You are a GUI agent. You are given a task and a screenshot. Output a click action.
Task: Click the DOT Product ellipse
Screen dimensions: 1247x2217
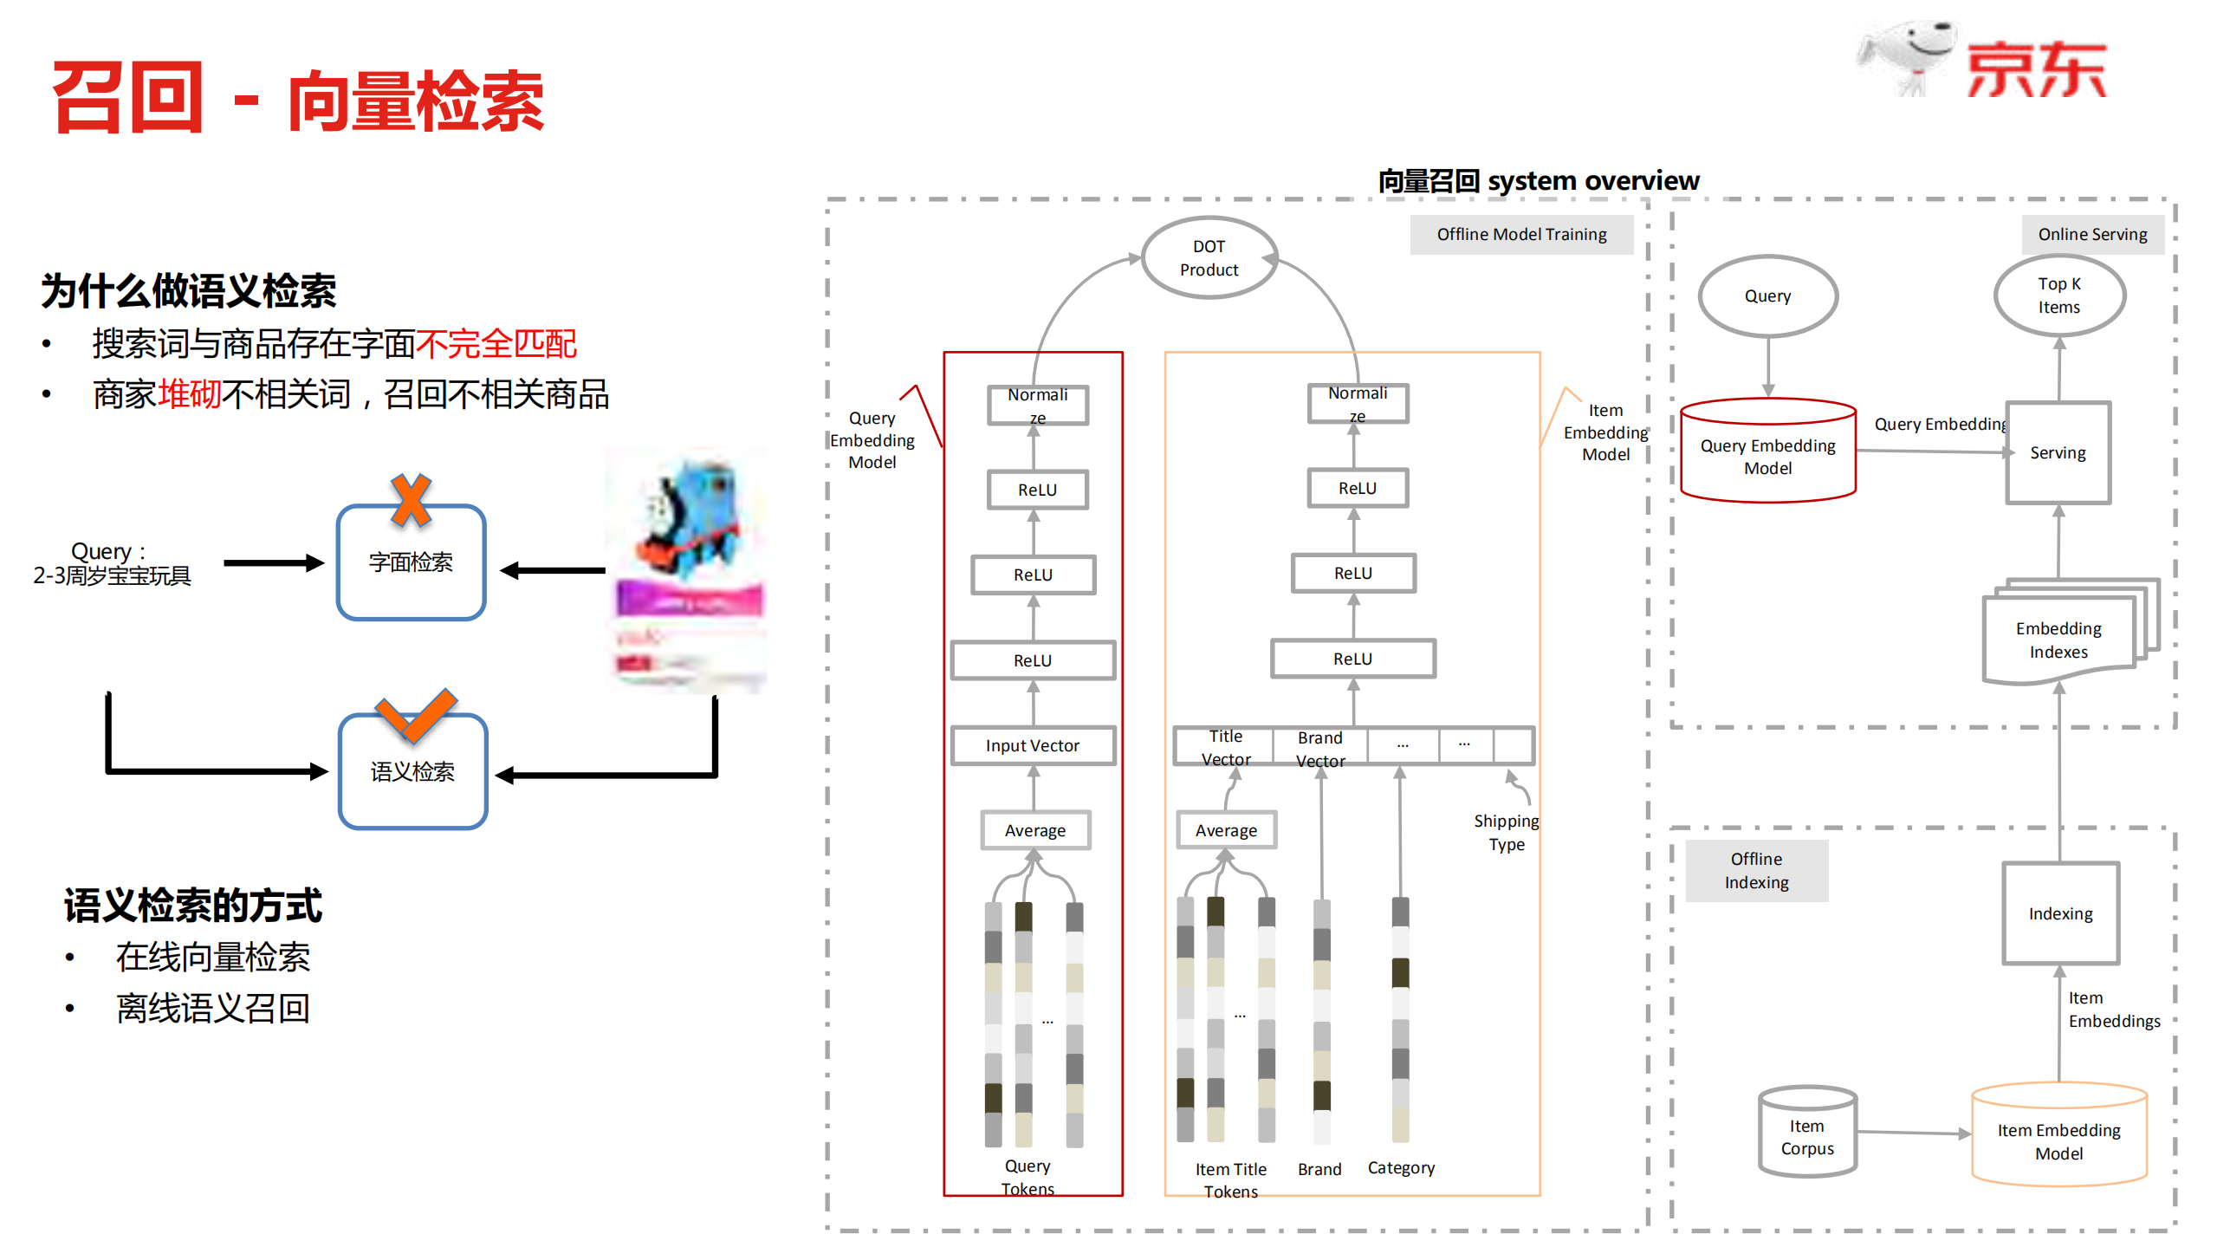[x=1209, y=258]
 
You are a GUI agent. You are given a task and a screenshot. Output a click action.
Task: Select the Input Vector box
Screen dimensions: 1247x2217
[x=1032, y=745]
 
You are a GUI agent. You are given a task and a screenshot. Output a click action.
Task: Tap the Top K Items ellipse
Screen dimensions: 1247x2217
[x=2058, y=296]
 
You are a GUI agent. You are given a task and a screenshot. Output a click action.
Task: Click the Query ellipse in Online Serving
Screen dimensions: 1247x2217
[x=1767, y=296]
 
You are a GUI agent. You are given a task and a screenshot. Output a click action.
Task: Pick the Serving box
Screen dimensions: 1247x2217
[x=2058, y=452]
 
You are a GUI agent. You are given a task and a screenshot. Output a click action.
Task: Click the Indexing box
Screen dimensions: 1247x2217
[x=2060, y=913]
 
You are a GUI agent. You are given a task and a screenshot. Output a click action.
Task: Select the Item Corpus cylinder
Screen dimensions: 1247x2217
[x=1807, y=1133]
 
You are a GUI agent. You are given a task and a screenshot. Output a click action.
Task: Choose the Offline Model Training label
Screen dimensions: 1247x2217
[x=1521, y=234]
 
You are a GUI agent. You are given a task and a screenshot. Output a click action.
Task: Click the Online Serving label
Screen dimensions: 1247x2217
[x=2092, y=234]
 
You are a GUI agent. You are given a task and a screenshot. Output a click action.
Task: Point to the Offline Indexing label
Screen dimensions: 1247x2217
[x=1756, y=870]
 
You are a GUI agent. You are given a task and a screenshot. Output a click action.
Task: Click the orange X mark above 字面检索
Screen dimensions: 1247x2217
[x=411, y=500]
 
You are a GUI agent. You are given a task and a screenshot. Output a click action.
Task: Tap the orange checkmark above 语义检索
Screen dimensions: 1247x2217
[x=416, y=715]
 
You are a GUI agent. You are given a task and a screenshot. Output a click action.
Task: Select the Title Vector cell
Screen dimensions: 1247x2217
[x=1225, y=747]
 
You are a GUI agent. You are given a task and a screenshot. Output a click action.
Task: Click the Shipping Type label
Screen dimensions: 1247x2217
[x=1506, y=832]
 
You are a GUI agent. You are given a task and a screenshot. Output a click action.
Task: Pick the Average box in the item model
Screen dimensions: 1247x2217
[x=1225, y=830]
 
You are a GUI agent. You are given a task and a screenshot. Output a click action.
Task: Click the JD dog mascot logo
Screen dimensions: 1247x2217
[x=1906, y=56]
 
